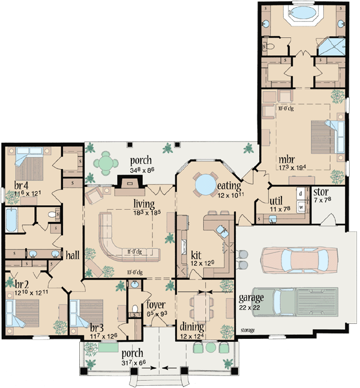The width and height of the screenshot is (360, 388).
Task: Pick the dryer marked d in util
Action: click(x=300, y=195)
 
